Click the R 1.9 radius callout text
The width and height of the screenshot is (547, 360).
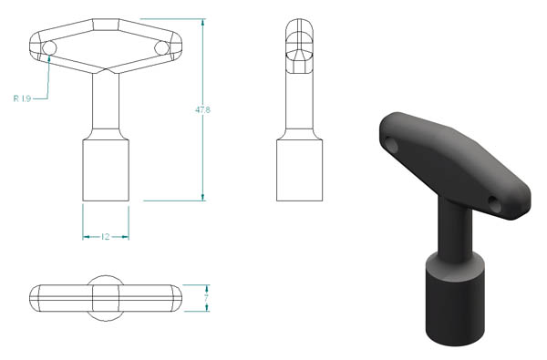pyautogui.click(x=22, y=98)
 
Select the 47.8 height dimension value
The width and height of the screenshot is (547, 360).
pyautogui.click(x=202, y=110)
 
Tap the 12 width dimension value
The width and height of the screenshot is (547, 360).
pyautogui.click(x=106, y=237)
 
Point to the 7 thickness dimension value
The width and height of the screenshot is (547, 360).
pyautogui.click(x=207, y=298)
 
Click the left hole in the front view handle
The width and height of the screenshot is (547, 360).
pyautogui.click(x=49, y=47)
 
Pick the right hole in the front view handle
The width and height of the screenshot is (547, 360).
pyautogui.click(x=161, y=47)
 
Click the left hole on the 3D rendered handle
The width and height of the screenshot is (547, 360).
pyautogui.click(x=391, y=145)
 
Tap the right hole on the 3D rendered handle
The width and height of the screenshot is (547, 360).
pyautogui.click(x=494, y=204)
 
